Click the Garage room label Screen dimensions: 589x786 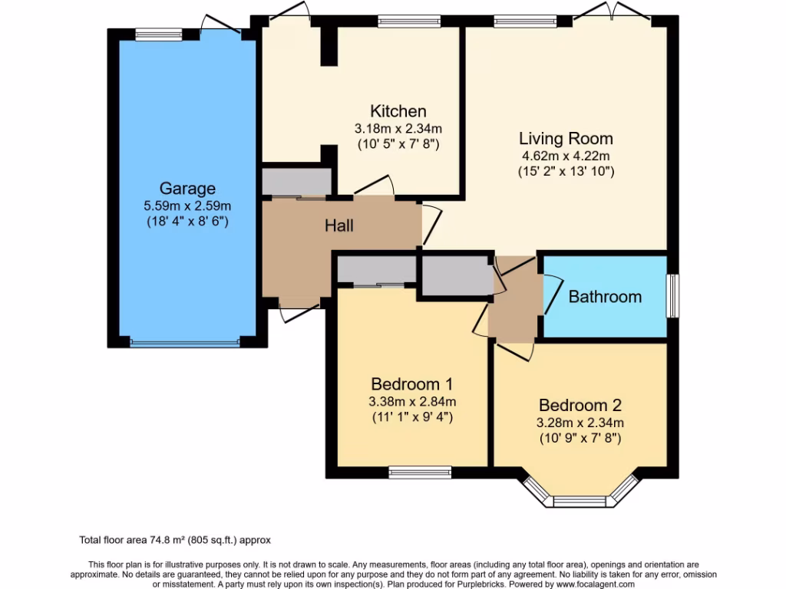tap(187, 188)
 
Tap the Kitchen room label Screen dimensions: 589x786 tap(398, 111)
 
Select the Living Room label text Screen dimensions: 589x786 tap(566, 139)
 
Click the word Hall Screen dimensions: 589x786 tap(339, 225)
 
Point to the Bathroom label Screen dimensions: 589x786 tap(605, 297)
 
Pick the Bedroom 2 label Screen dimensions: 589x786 tap(580, 405)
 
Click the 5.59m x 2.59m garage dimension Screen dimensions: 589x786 tap(187, 206)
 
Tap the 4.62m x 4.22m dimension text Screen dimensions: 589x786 tap(566, 156)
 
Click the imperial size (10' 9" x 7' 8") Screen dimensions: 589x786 tap(580, 439)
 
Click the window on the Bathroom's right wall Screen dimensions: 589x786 tap(672, 296)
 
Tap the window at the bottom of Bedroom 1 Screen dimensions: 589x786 tap(420, 471)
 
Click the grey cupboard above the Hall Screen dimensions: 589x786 tap(296, 182)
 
